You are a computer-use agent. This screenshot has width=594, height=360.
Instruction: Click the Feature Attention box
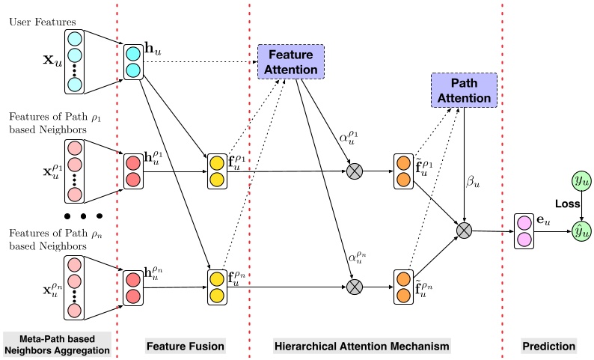click(290, 60)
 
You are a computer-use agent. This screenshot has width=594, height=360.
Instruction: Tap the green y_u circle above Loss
click(580, 181)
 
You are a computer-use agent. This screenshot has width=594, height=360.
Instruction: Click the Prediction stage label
click(549, 346)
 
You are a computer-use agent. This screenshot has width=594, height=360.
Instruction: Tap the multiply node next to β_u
click(465, 229)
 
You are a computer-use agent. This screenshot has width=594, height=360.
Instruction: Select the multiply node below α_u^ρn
click(354, 287)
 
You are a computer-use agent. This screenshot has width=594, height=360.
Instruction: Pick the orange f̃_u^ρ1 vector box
click(402, 171)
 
